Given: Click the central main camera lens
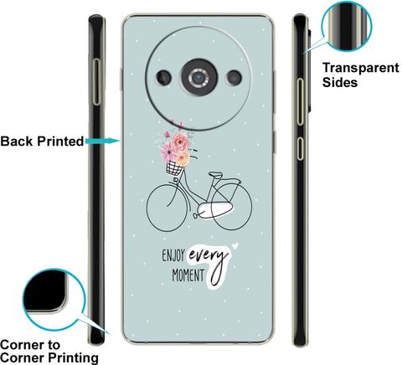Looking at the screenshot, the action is coord(199,77).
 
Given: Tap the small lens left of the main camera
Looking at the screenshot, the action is coord(164,77).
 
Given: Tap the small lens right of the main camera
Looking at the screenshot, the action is coord(234,78).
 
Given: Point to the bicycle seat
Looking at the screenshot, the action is coord(216,175).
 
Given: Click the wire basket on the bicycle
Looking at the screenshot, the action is coord(174,168).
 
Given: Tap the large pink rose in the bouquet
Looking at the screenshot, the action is coord(181,142).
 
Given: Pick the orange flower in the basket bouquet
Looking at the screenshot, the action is coord(183,158).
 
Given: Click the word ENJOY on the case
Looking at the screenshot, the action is coord(173,255).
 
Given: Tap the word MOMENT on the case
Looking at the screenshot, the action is coord(188,275).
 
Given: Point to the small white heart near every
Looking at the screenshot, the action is coord(235,245).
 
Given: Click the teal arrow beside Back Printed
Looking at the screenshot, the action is coord(103,141).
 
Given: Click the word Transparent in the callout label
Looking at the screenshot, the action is coord(361,68).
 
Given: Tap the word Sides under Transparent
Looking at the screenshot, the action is coord(340,82).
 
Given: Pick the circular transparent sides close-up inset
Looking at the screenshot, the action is coord(347,27).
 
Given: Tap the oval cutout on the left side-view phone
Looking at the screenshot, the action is coord(96,82).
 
